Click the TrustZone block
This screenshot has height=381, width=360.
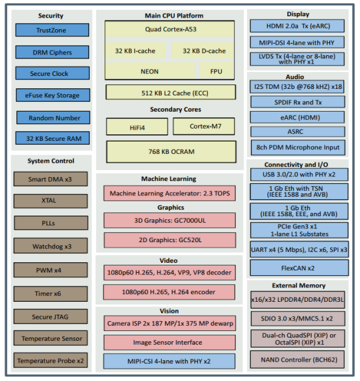click(x=51, y=30)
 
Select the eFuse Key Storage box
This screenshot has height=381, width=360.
click(x=51, y=95)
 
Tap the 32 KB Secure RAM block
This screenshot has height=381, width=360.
click(x=51, y=138)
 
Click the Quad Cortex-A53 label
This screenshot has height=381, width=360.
click(x=169, y=30)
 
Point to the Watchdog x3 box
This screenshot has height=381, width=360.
click(x=51, y=247)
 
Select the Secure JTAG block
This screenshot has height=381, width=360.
click(x=51, y=317)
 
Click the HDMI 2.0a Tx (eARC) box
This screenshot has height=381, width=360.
click(x=298, y=26)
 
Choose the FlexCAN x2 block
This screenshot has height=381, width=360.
click(x=298, y=266)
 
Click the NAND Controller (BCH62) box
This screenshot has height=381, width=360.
click(x=298, y=359)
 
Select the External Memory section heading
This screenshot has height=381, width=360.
click(x=298, y=285)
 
